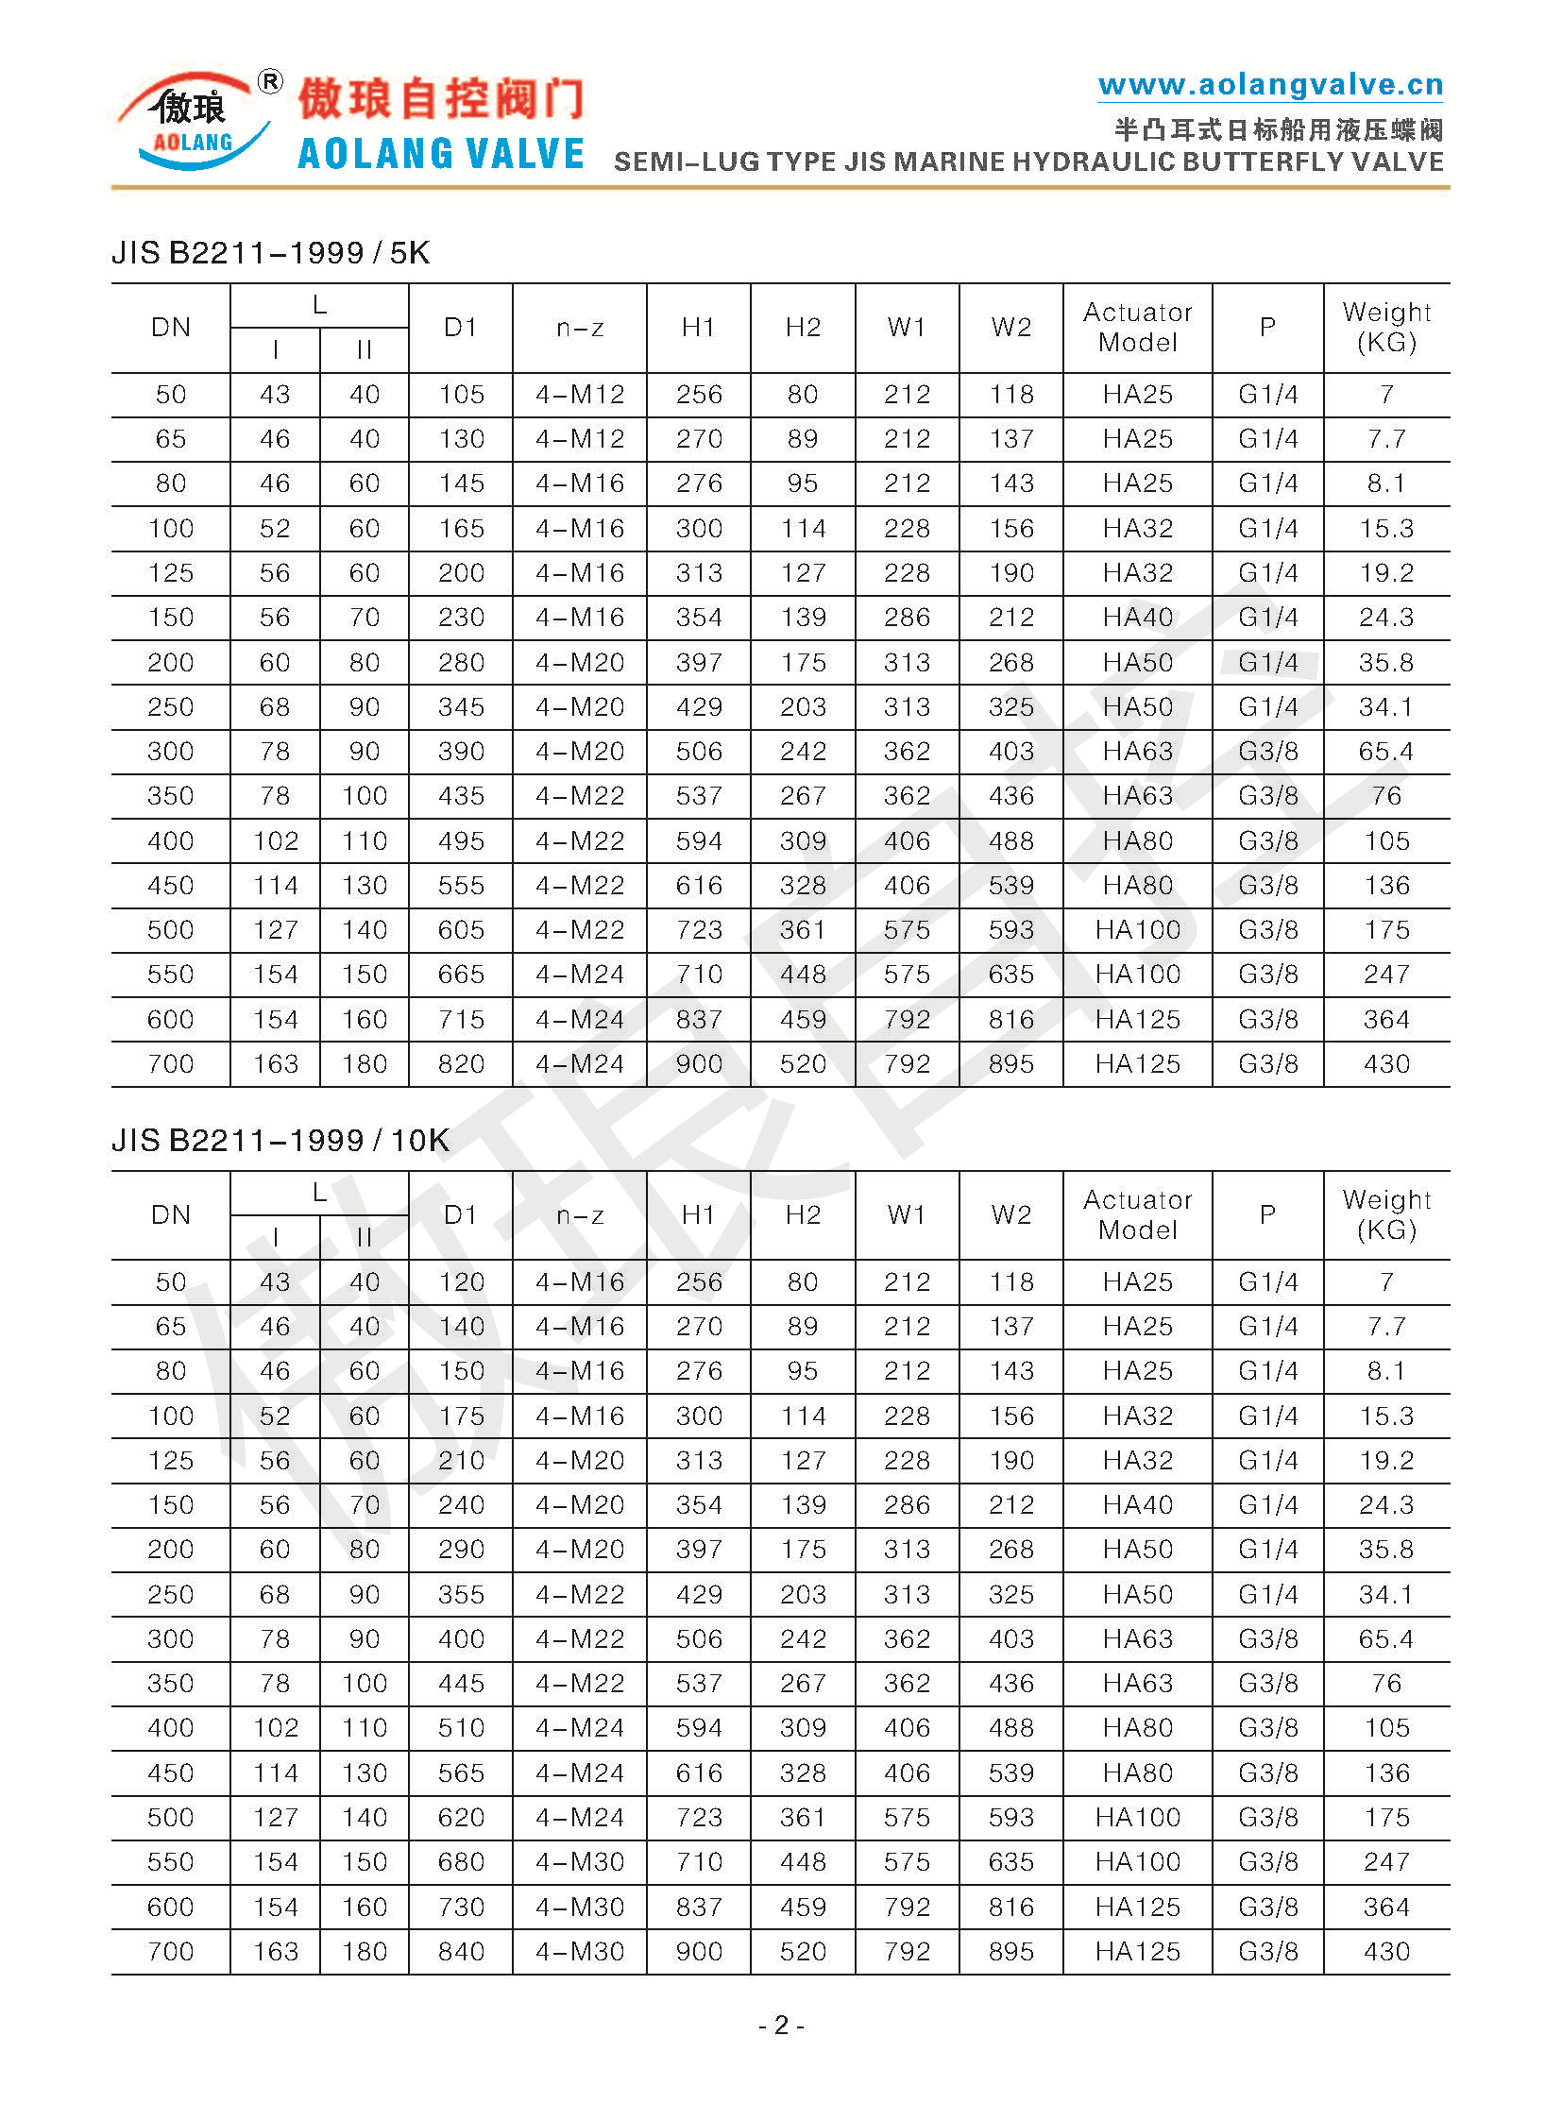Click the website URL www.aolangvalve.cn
tap(1270, 85)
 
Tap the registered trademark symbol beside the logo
tap(270, 82)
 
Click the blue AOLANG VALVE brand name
tap(441, 154)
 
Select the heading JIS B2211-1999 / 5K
tap(270, 253)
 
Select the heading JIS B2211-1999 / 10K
tap(280, 1141)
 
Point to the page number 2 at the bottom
tap(781, 2025)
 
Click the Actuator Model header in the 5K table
tap(1137, 327)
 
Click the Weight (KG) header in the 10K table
tap(1386, 1214)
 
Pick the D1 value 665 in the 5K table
tap(461, 974)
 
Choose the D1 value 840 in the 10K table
tap(461, 1951)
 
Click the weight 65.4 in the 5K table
tap(1386, 751)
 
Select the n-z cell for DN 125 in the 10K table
tap(580, 1460)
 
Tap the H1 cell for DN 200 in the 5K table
tap(699, 662)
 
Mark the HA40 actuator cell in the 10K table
tap(1137, 1504)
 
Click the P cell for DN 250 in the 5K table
tap(1268, 706)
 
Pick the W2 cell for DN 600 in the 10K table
tap(1010, 1907)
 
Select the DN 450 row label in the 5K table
tap(170, 885)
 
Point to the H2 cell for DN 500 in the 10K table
tap(803, 1817)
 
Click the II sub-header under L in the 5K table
tap(364, 349)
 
